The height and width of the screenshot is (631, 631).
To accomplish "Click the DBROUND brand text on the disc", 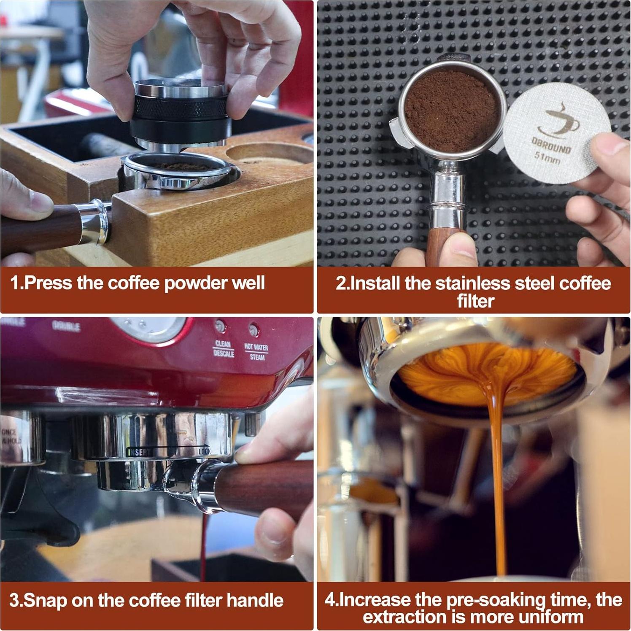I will coord(551,146).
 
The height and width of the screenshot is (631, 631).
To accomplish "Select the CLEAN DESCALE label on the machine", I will coord(224,349).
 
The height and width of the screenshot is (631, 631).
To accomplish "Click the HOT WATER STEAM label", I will coord(256,352).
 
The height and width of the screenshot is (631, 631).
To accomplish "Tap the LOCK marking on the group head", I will coord(205,452).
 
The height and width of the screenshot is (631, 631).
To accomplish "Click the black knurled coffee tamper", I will coord(181,112).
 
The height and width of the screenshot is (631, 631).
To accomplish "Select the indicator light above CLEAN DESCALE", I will coord(220,326).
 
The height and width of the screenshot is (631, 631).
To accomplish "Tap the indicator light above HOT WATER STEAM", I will coord(253,329).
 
